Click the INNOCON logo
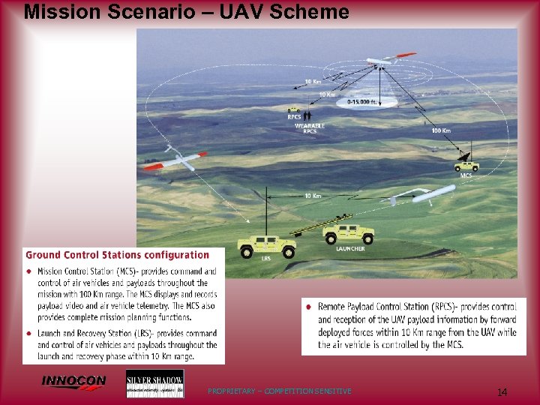[73, 382]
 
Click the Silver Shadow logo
[154, 383]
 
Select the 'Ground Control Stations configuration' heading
[118, 256]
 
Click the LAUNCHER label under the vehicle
[350, 248]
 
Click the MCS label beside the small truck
[466, 175]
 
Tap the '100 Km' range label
[441, 130]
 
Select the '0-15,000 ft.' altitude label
[361, 101]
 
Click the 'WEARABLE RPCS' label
[310, 128]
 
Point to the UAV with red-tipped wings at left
[173, 160]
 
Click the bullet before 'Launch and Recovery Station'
[29, 333]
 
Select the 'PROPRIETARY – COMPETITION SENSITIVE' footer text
[279, 391]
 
